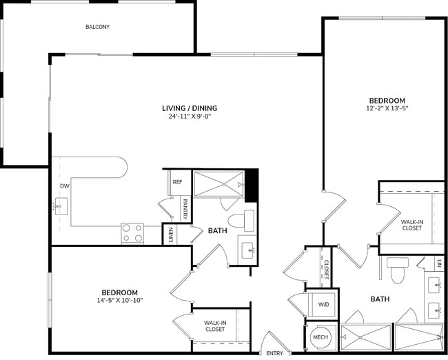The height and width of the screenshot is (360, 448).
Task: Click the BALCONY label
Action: click(x=97, y=27)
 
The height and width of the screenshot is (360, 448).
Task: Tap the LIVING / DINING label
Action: click(x=190, y=108)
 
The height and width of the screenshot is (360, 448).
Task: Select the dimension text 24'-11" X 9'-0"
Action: click(x=190, y=117)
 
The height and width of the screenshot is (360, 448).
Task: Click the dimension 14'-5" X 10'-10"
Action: click(x=120, y=301)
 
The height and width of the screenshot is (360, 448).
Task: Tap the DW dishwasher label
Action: click(x=63, y=186)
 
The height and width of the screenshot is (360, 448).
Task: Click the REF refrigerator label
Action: click(x=177, y=182)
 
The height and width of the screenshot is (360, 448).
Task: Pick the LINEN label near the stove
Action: click(x=170, y=234)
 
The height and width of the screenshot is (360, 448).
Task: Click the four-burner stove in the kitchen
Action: click(x=132, y=233)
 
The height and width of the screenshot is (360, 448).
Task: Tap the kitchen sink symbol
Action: click(x=61, y=205)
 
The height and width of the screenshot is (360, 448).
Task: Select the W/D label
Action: click(x=323, y=304)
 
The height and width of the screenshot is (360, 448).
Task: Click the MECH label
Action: click(x=320, y=338)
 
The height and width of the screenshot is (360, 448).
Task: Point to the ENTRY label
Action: click(x=274, y=353)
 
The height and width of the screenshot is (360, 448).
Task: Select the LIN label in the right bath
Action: click(x=439, y=263)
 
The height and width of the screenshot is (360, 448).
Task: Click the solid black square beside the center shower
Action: click(x=252, y=184)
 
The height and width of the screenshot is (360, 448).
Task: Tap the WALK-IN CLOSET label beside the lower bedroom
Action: click(x=215, y=326)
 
